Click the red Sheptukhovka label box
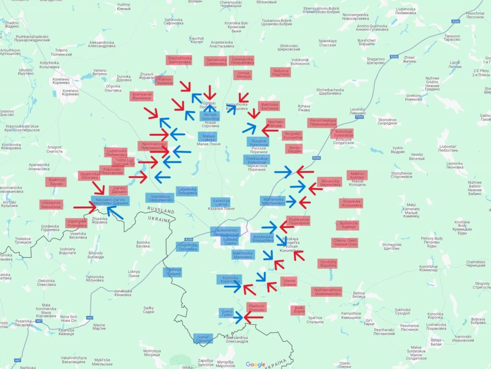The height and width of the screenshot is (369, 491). (179, 61)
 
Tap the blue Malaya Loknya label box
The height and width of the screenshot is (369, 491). (209, 137)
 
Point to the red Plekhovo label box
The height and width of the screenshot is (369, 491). (257, 307)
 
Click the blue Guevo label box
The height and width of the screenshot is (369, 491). (227, 313)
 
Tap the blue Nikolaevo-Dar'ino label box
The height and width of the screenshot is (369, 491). (110, 201)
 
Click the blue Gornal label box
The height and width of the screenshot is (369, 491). (203, 339)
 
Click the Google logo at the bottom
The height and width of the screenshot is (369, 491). (255, 364)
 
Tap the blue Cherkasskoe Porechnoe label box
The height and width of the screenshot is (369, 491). (257, 159)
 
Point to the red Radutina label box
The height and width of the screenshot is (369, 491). (281, 72)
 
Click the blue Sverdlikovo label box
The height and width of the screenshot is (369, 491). (160, 198)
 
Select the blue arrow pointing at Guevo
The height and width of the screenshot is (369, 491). (238, 317)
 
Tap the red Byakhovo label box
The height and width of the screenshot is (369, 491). (56, 182)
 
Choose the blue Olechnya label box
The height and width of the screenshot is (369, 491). (173, 272)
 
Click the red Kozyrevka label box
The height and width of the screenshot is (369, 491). (351, 203)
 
